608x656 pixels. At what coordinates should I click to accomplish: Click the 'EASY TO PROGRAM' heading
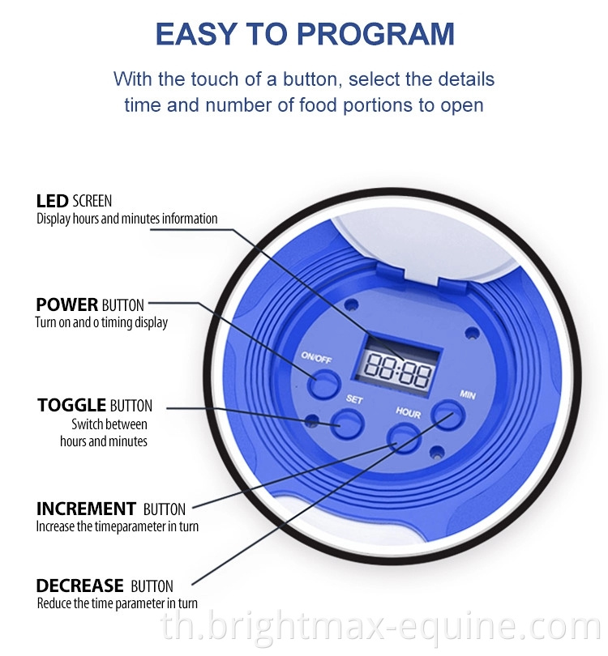coord(305,33)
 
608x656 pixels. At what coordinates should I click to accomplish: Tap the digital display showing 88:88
coord(397,370)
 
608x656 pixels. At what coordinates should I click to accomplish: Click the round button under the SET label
coord(347,424)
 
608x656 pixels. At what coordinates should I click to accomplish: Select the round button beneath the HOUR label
coord(403,437)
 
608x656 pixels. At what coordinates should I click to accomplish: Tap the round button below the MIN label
coord(448,415)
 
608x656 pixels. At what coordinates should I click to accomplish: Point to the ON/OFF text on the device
coord(316,358)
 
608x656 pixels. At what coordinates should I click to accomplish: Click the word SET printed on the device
coord(354,399)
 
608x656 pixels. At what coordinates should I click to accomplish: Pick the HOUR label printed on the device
coord(409,412)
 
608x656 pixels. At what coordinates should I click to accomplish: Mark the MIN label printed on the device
coord(468,394)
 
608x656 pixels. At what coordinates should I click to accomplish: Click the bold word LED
coord(53,201)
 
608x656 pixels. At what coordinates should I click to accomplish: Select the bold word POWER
coord(67,305)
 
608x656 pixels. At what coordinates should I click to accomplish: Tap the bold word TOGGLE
coord(71,405)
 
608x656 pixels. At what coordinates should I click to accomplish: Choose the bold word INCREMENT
coord(86,509)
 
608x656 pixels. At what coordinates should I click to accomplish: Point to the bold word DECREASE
coord(79,586)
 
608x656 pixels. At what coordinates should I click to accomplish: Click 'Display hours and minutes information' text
coord(127,219)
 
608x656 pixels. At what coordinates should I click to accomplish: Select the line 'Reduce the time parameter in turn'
coord(118,603)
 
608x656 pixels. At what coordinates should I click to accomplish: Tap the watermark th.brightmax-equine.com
coord(380,628)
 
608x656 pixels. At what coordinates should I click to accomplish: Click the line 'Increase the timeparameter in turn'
coord(118,526)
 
